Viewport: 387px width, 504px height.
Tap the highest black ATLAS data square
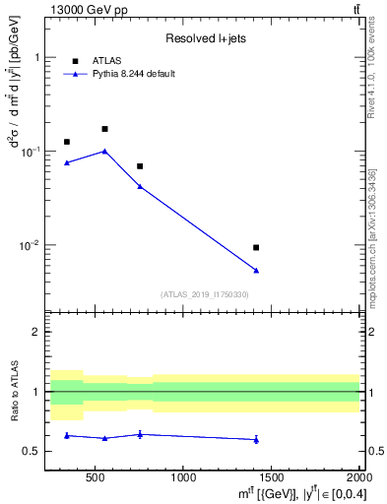[x=104, y=129]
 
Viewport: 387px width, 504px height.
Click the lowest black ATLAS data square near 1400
[x=256, y=247]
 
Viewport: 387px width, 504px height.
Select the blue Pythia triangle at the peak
[x=104, y=151]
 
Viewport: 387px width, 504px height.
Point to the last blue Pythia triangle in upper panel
[x=256, y=270]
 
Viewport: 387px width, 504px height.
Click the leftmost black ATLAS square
[x=67, y=142]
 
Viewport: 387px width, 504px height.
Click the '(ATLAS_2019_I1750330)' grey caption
[x=205, y=294]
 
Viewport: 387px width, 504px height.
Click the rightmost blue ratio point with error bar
[x=256, y=439]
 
